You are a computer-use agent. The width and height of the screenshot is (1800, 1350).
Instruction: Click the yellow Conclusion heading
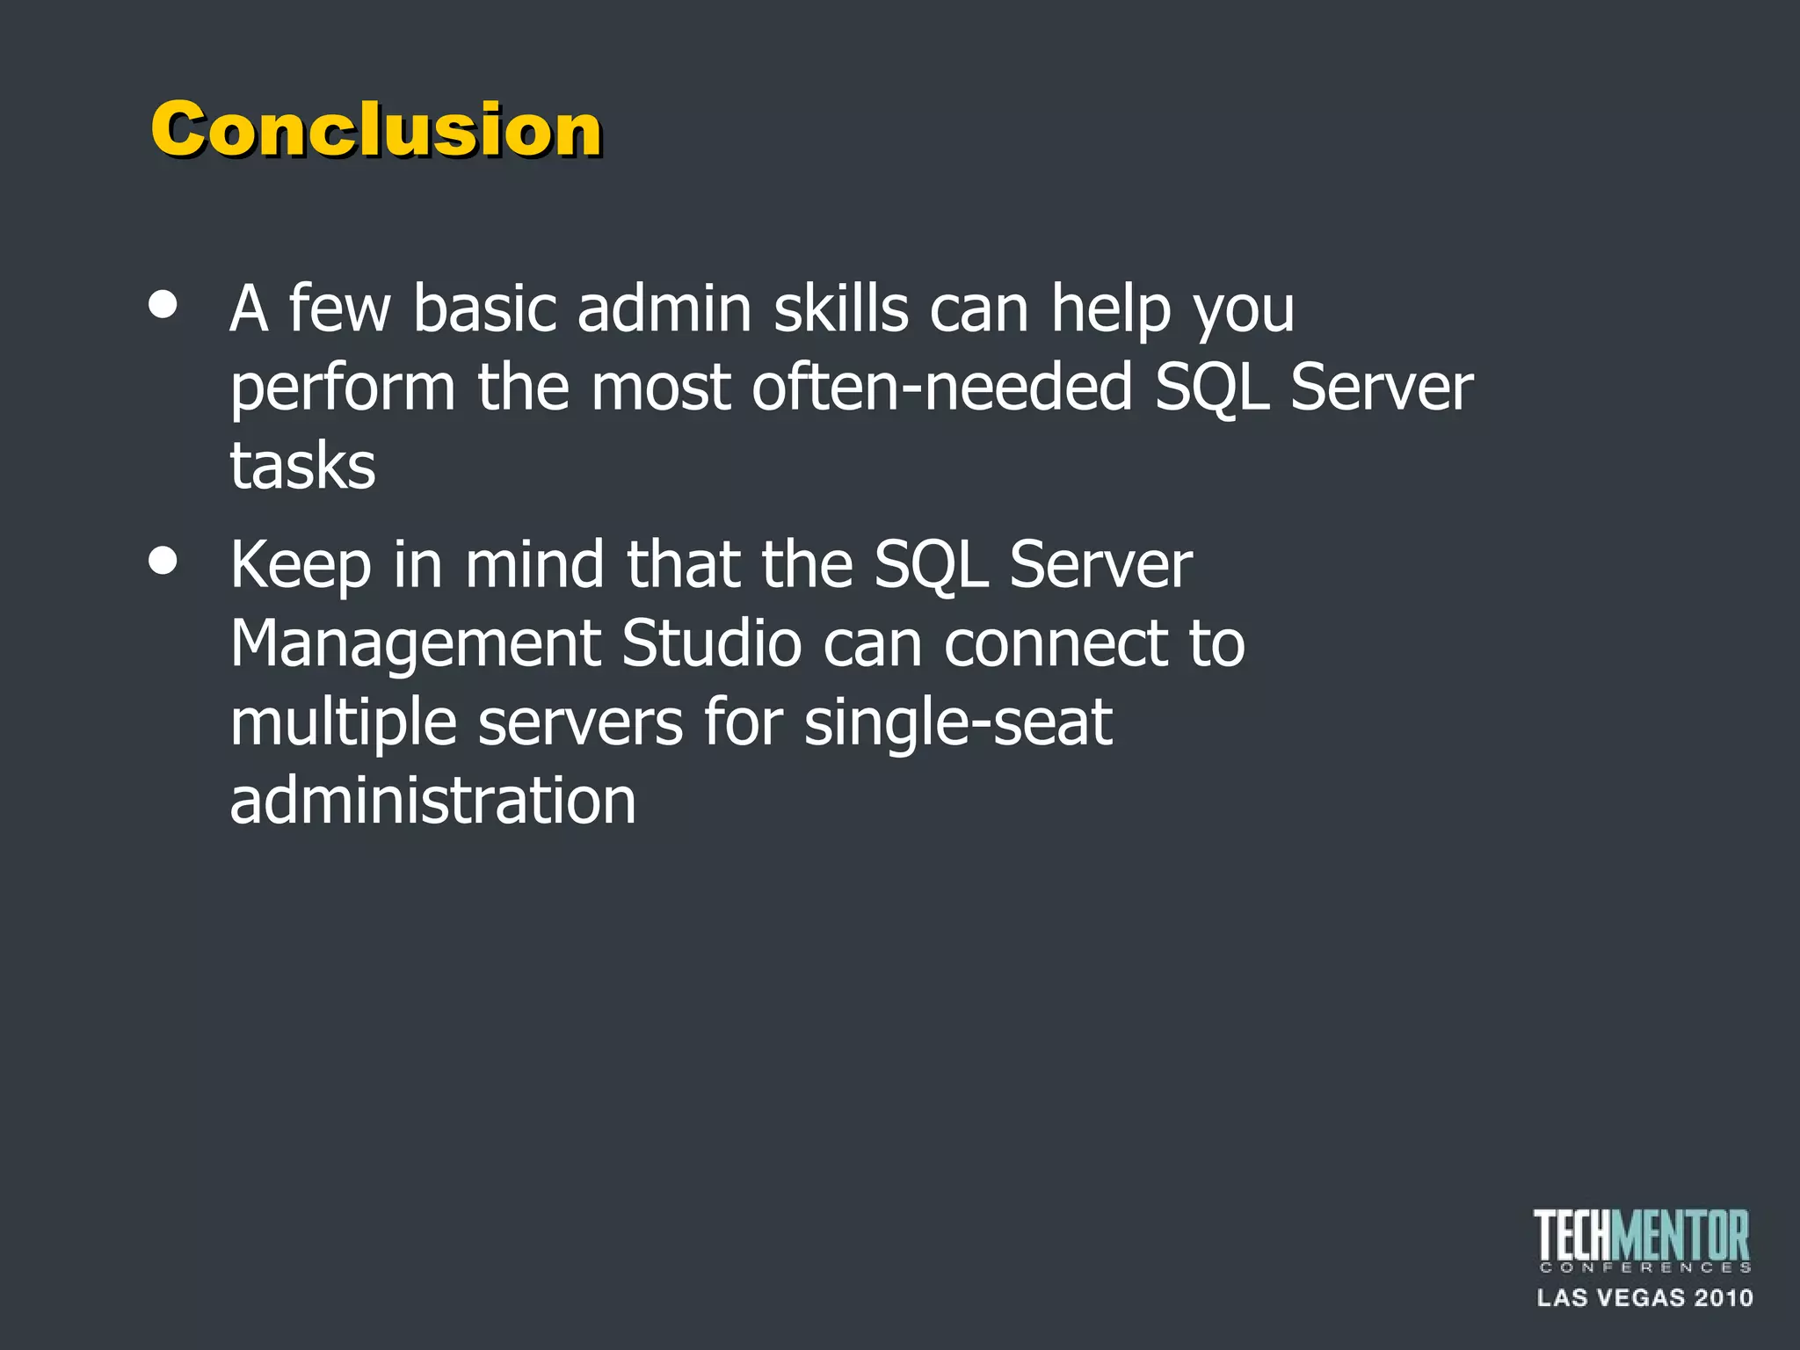click(376, 129)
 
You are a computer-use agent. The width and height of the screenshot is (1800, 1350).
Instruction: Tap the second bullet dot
click(163, 561)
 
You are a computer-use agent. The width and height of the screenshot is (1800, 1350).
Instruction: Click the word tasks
click(302, 466)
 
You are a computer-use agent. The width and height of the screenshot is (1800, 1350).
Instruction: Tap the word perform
click(343, 388)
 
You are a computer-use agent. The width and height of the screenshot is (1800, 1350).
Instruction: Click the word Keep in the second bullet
click(301, 565)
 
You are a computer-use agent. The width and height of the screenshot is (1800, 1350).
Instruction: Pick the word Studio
click(711, 642)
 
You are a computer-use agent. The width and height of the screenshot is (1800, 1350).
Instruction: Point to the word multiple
click(343, 723)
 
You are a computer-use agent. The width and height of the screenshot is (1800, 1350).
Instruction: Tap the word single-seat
click(958, 723)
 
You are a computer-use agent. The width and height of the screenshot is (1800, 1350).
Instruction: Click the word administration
click(432, 801)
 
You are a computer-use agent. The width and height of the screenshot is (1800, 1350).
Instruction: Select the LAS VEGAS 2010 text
click(1644, 1298)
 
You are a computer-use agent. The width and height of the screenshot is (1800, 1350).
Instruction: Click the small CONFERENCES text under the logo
click(1644, 1267)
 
